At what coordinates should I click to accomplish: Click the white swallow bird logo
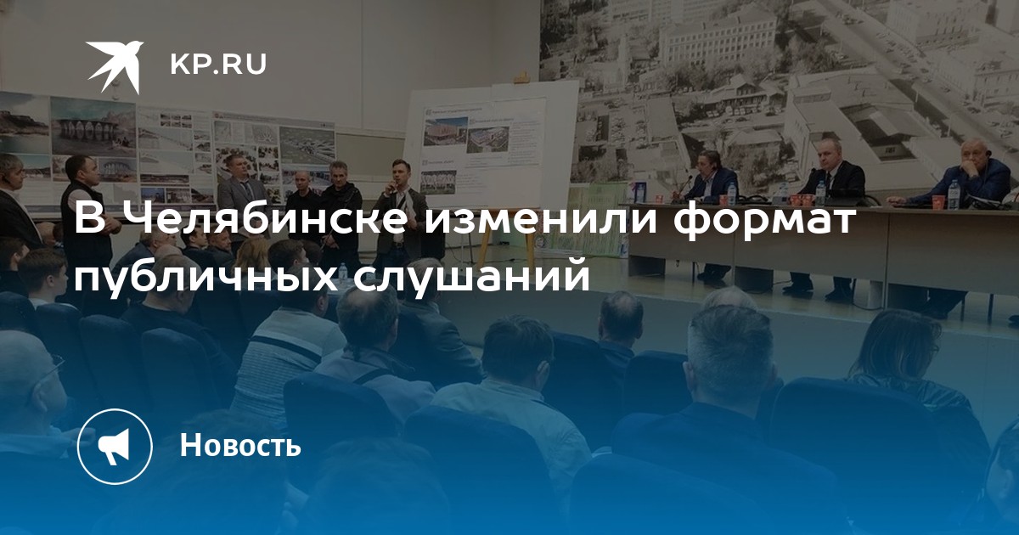(115, 66)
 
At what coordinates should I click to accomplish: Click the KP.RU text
(218, 65)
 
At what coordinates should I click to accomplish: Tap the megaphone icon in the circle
(114, 447)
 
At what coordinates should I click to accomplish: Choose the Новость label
(240, 444)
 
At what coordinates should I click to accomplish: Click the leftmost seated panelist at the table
(712, 182)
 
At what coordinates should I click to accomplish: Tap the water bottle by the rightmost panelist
(954, 194)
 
